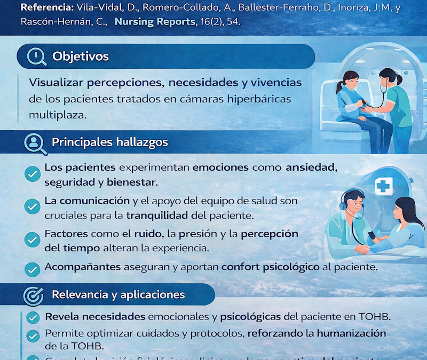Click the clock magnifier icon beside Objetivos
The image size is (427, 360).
37,57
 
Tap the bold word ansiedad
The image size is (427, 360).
311,167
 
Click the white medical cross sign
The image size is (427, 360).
383,186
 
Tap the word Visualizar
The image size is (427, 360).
54,83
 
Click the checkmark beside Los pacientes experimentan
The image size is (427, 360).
33,173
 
